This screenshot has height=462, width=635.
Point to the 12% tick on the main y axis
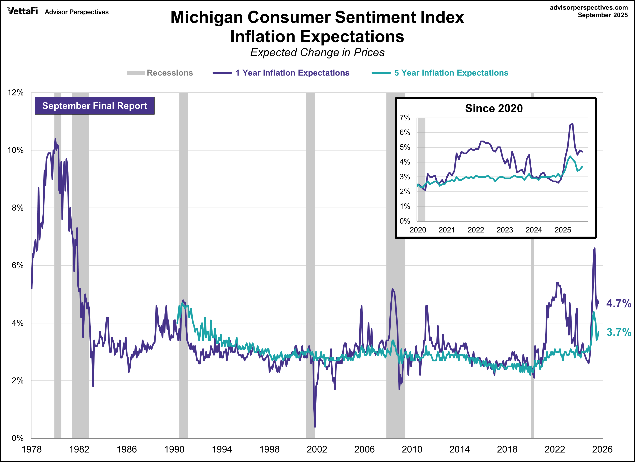pos(16,93)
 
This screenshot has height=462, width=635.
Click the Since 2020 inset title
pos(494,108)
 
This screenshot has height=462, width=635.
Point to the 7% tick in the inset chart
pos(405,118)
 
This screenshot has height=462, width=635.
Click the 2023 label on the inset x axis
pos(505,230)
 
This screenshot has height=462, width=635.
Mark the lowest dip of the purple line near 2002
pos(315,427)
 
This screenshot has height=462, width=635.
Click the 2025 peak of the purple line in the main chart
pos(594,248)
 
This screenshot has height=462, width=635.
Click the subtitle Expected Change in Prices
pos(317,52)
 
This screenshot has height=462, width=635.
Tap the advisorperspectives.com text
pos(589,8)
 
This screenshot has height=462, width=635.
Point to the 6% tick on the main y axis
pos(17,265)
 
